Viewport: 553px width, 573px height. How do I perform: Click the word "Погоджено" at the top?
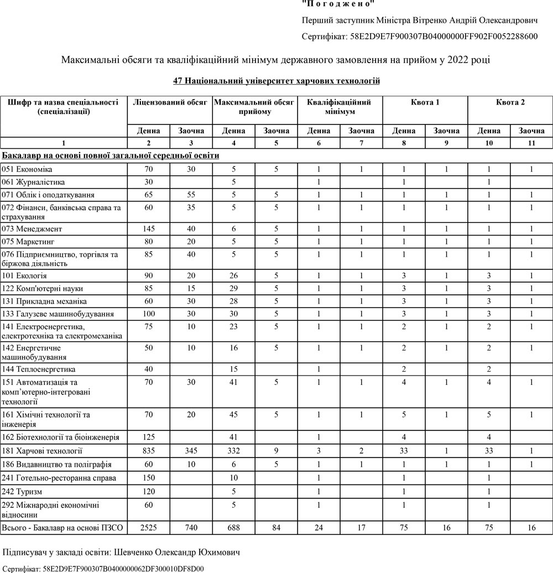point(338,4)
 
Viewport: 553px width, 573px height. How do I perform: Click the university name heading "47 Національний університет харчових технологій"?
point(276,81)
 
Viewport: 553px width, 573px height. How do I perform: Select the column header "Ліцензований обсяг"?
point(170,102)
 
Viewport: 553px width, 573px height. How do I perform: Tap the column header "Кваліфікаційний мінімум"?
point(340,107)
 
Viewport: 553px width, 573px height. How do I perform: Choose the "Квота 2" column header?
point(510,102)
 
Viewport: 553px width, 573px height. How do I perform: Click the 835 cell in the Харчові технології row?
point(149,451)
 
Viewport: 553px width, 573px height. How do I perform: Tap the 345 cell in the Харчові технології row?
point(191,451)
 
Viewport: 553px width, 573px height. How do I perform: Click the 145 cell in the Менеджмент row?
point(149,229)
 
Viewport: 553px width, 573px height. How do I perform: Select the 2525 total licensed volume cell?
point(149,528)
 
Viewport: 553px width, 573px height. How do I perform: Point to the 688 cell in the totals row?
point(234,528)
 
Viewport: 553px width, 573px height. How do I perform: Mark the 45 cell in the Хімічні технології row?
point(234,414)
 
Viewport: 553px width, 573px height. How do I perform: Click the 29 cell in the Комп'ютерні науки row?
point(234,289)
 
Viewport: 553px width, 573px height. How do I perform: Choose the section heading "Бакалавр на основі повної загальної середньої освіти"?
point(111,155)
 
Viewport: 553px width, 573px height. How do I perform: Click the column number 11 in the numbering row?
point(531,143)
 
